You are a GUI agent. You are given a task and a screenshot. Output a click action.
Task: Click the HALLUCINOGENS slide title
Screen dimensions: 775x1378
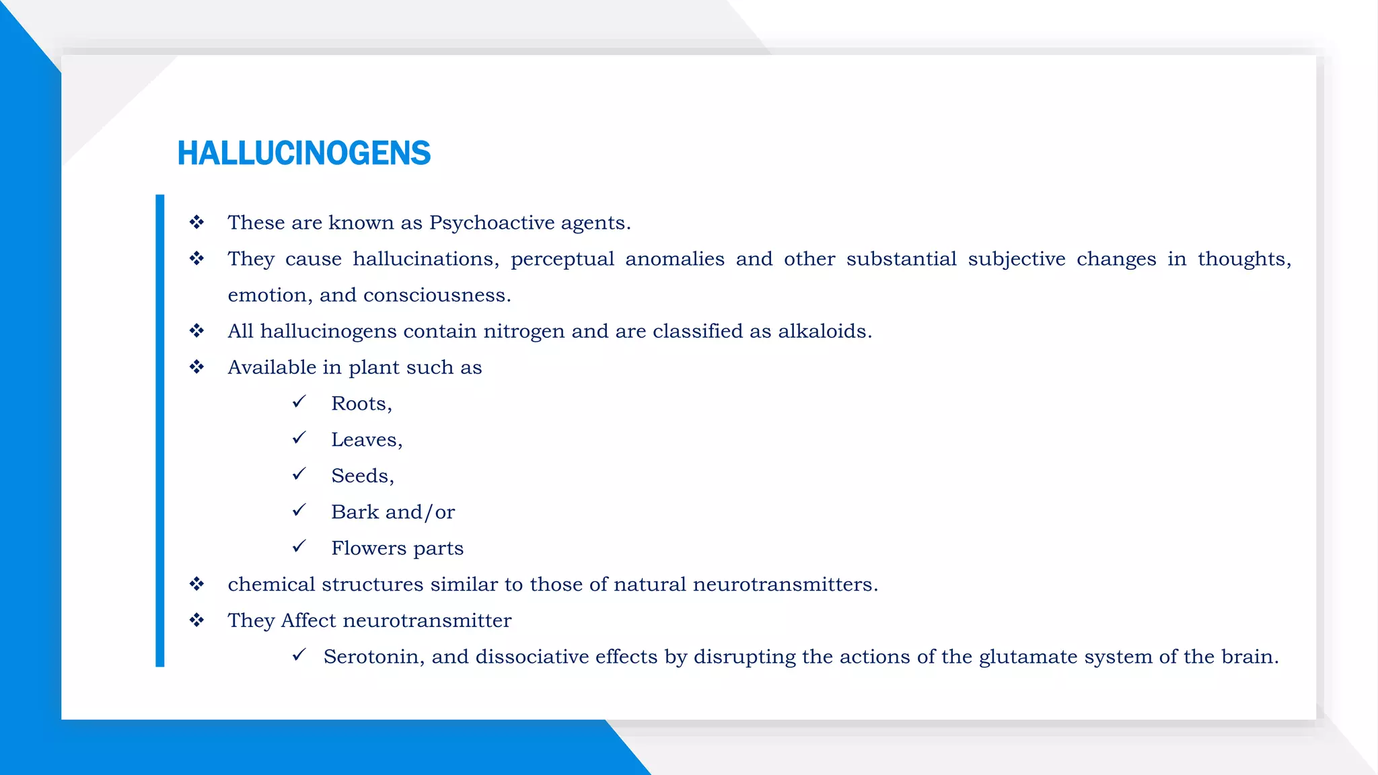[303, 153]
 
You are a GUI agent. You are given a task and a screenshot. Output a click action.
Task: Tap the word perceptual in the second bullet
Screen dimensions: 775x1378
[562, 259]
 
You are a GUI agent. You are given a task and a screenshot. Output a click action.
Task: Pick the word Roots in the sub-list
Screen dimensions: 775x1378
[359, 404]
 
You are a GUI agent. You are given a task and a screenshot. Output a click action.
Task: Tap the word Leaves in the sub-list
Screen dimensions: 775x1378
[364, 440]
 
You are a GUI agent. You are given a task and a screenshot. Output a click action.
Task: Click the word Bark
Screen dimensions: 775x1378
[355, 512]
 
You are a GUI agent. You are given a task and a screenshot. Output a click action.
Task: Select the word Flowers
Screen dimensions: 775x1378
[369, 548]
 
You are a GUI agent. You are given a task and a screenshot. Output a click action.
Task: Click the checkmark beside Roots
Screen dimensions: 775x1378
[299, 402]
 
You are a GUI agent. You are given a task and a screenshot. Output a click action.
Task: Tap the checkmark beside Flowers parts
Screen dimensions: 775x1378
[299, 546]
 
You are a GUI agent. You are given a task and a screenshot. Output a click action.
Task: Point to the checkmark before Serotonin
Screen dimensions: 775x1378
[299, 655]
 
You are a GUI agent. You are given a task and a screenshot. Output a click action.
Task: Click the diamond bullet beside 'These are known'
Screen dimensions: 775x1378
[196, 222]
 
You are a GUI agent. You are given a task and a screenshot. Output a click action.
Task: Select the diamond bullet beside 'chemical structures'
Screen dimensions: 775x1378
[196, 583]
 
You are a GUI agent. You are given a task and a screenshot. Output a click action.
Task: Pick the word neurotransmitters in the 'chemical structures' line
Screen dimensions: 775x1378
[785, 584]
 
